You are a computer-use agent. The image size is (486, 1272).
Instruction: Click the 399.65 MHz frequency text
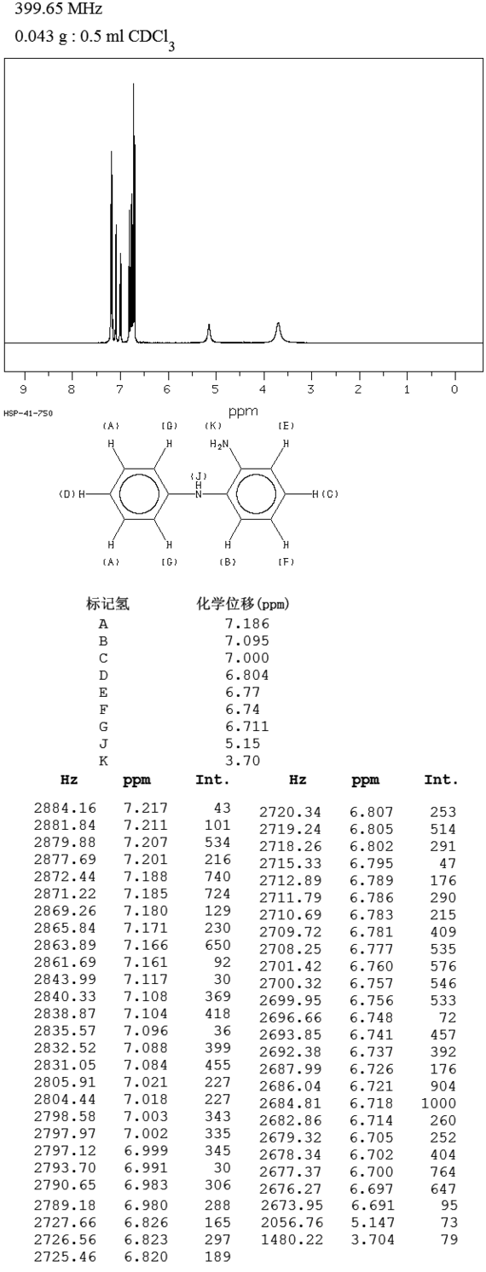pos(59,9)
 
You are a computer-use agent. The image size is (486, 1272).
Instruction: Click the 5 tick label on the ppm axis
pos(215,389)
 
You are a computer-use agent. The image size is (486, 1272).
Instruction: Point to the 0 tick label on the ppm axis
pos(454,389)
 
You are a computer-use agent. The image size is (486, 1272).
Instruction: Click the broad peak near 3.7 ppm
pos(278,333)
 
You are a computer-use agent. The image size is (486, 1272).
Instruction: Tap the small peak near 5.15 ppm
pos(209,333)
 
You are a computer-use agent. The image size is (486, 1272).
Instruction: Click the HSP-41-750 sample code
pos(28,413)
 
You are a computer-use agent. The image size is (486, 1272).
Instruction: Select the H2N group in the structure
pos(222,444)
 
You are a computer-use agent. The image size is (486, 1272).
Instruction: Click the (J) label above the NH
pos(198,475)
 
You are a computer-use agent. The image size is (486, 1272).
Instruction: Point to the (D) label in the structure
pos(67,494)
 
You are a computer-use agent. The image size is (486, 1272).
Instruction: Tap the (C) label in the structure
pos(330,494)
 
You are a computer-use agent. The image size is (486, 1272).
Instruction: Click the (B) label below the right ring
pos(228,562)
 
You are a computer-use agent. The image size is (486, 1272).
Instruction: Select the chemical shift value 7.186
pos(247,624)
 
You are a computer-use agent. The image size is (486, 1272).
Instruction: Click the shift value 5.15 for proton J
pos(243,743)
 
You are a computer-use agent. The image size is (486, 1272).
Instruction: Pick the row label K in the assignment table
pos(103,761)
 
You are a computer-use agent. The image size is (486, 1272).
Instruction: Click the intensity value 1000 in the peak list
pos(438,1103)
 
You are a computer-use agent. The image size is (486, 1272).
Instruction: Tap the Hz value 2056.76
pos(291,1223)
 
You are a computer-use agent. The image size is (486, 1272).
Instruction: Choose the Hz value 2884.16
pos(65,808)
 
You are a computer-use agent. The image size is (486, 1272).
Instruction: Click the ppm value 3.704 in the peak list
pos(372,1240)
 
